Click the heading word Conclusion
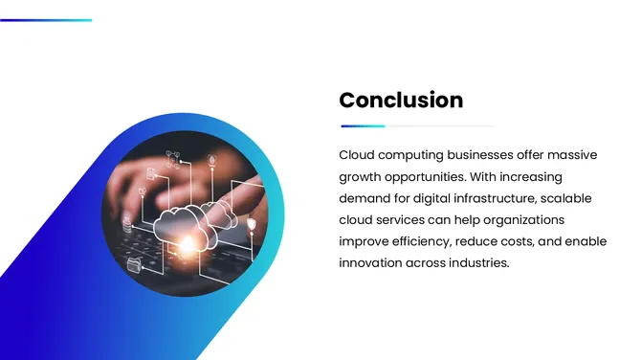401,101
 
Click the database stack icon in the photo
128,227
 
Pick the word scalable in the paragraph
566,198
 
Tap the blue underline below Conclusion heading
364,125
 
